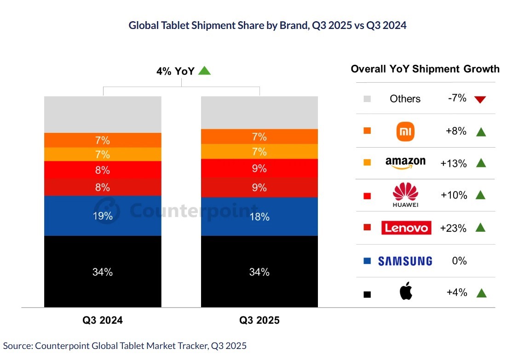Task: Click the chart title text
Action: pyautogui.click(x=267, y=25)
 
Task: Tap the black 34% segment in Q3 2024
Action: pyautogui.click(x=103, y=271)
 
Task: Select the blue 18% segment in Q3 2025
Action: pyautogui.click(x=259, y=217)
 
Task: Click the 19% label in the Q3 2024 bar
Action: pyautogui.click(x=103, y=216)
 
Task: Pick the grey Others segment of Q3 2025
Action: pyautogui.click(x=259, y=112)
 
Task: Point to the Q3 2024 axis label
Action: pyautogui.click(x=103, y=320)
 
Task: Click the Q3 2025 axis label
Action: pyautogui.click(x=259, y=320)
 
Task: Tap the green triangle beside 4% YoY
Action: pyautogui.click(x=204, y=71)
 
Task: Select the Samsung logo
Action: pyautogui.click(x=405, y=261)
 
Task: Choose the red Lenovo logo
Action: pyautogui.click(x=406, y=228)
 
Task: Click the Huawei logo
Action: pyautogui.click(x=405, y=195)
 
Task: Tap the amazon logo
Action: pyautogui.click(x=405, y=162)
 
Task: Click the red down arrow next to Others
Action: pyautogui.click(x=480, y=99)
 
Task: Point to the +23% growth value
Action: pyautogui.click(x=453, y=228)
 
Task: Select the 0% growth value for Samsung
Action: pyautogui.click(x=459, y=261)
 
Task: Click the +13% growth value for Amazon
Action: pyautogui.click(x=453, y=163)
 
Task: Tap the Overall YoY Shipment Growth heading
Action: pyautogui.click(x=425, y=69)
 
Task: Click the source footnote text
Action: pyautogui.click(x=125, y=346)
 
